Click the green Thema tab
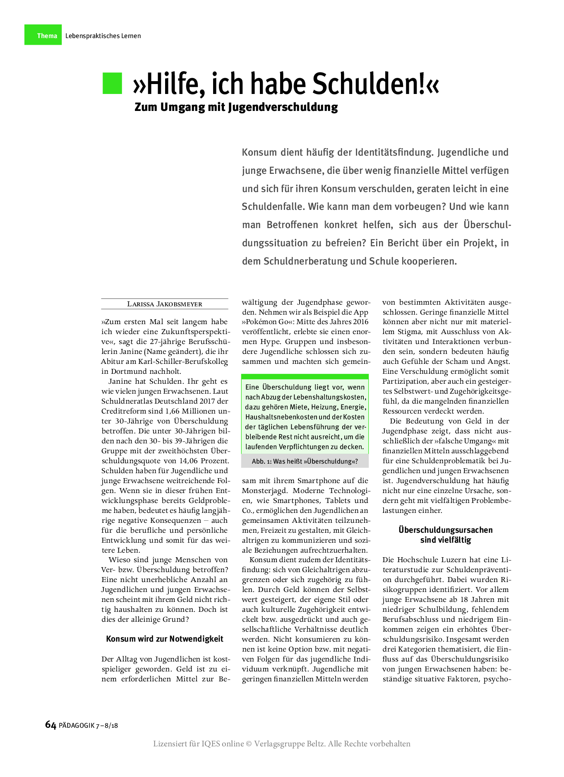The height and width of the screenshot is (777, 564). (x=43, y=35)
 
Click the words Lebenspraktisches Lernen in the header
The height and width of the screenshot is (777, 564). (x=103, y=36)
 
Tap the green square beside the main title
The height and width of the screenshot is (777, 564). (x=112, y=83)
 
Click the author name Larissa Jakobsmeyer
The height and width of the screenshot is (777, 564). (x=164, y=304)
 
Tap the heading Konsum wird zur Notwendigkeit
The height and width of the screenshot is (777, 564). (x=164, y=639)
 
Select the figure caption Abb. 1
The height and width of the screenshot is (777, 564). (x=305, y=461)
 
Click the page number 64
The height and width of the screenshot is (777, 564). (x=50, y=725)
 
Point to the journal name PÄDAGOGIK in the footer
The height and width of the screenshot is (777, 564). (x=77, y=725)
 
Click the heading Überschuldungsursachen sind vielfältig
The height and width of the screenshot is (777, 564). (x=446, y=535)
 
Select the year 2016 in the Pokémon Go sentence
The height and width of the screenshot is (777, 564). (x=359, y=322)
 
